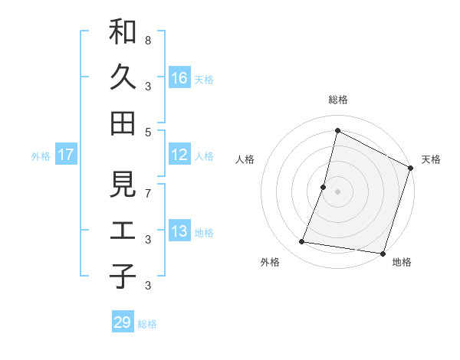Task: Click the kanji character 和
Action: pyautogui.click(x=123, y=33)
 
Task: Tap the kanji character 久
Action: pyautogui.click(x=123, y=77)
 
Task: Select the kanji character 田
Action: pyautogui.click(x=123, y=122)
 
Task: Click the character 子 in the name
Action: pyautogui.click(x=123, y=276)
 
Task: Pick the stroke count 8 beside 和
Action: pyautogui.click(x=147, y=40)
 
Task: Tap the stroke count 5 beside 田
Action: pyautogui.click(x=147, y=131)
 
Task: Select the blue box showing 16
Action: pyautogui.click(x=179, y=78)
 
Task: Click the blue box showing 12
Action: pyautogui.click(x=179, y=155)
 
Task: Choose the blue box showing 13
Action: pyautogui.click(x=179, y=231)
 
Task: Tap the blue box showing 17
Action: pyautogui.click(x=66, y=155)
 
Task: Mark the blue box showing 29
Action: pyautogui.click(x=122, y=322)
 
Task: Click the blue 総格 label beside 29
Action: pyautogui.click(x=147, y=324)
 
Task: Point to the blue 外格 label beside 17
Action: pyautogui.click(x=41, y=156)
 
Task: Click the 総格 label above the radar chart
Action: pyautogui.click(x=337, y=100)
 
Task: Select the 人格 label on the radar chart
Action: pyautogui.click(x=245, y=159)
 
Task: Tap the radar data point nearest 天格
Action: pyautogui.click(x=411, y=170)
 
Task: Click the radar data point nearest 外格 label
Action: pyautogui.click(x=302, y=242)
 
